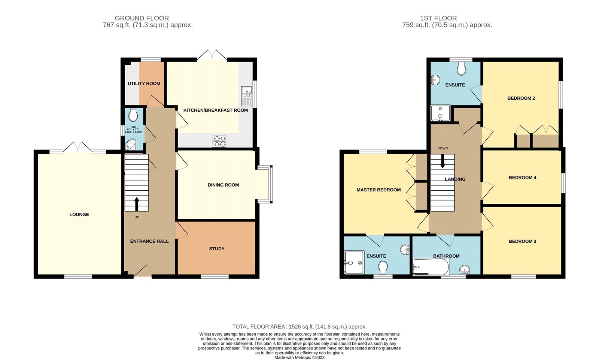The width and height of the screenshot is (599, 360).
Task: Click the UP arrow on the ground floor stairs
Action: coord(137,204)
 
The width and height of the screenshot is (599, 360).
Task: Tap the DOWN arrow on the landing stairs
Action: coord(443,161)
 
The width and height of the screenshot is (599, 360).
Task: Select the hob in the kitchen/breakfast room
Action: coord(219,141)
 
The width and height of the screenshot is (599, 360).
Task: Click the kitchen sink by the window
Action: coord(247,96)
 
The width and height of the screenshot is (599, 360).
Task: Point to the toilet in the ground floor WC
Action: coord(133,115)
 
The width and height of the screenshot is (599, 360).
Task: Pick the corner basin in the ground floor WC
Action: coord(131,145)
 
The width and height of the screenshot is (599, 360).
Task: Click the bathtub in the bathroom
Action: coord(431,267)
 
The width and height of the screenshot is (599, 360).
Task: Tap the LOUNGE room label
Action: coord(79,214)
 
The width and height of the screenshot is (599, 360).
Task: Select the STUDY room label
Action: coord(217,249)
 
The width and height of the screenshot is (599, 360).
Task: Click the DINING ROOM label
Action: coord(223,185)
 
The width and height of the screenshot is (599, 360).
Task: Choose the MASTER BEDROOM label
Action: coord(378,190)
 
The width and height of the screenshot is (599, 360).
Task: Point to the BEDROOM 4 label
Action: coord(523,178)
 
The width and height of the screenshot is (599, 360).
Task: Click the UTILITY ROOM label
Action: coord(144,84)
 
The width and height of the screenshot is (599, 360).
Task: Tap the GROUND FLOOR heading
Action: coord(142,18)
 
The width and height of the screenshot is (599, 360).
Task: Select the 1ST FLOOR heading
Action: coord(438,18)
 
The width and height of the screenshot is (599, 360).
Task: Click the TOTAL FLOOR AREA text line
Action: coord(299,327)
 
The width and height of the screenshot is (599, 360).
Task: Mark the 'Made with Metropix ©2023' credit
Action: coord(299,357)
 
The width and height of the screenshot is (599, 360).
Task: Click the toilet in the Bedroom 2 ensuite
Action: coord(461,69)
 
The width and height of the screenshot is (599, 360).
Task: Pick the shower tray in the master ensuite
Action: coord(354,262)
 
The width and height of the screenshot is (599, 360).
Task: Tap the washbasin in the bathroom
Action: coord(465,270)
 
